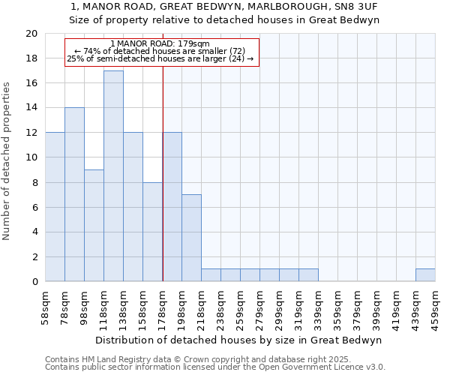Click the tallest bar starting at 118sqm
(113, 176)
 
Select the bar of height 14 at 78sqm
(74, 194)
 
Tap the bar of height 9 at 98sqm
(94, 225)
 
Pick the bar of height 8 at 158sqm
(152, 232)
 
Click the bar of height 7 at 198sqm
(191, 238)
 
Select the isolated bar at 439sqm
(425, 275)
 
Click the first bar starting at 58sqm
(55, 207)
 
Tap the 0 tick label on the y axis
(34, 282)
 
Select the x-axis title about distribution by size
(240, 340)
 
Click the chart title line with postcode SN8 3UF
(224, 6)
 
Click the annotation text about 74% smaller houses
(160, 51)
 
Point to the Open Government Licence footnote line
(215, 367)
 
